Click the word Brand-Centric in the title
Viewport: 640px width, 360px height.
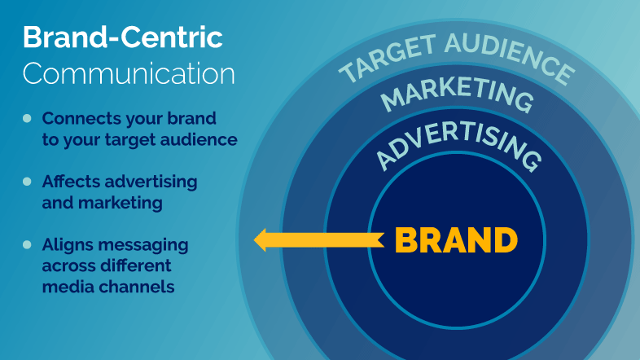(123, 37)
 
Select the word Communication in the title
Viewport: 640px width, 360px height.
(129, 73)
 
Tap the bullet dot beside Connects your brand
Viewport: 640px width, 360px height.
(27, 118)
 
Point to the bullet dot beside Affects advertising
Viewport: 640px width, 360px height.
(27, 182)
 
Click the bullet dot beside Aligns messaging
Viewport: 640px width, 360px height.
(27, 245)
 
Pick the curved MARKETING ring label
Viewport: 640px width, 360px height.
(457, 93)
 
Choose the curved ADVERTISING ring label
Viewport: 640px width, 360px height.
(458, 144)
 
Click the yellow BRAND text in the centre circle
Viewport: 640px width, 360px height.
(456, 240)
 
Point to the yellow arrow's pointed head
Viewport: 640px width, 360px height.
(254, 240)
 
